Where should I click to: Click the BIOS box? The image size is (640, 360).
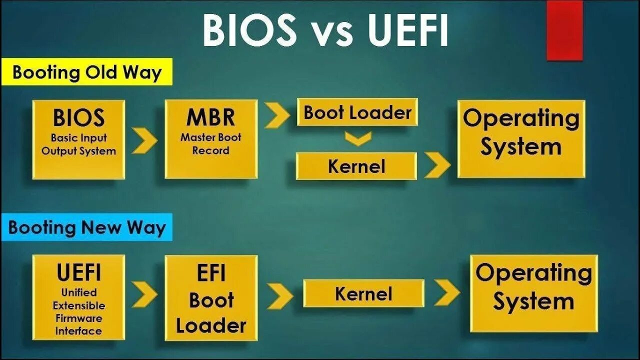(x=78, y=139)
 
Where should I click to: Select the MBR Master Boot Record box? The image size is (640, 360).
(x=211, y=139)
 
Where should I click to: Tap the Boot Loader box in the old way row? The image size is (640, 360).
(x=357, y=112)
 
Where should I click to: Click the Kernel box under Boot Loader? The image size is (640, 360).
(x=356, y=166)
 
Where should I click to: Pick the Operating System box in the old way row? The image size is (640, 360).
(x=521, y=138)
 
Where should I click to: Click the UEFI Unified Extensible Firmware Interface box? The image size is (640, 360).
(x=78, y=297)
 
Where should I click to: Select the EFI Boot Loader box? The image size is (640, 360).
(x=211, y=298)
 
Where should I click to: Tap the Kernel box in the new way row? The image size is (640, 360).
(x=363, y=293)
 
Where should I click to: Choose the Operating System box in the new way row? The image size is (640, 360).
(x=533, y=293)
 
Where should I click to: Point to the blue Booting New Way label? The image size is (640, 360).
(x=86, y=227)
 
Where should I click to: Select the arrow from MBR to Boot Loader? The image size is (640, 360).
(x=277, y=115)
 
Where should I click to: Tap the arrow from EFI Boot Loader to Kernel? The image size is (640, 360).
(x=280, y=296)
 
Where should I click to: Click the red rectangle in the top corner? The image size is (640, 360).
(x=564, y=30)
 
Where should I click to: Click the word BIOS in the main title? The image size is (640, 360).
(x=249, y=30)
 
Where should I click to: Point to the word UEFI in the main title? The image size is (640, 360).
(x=408, y=30)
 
